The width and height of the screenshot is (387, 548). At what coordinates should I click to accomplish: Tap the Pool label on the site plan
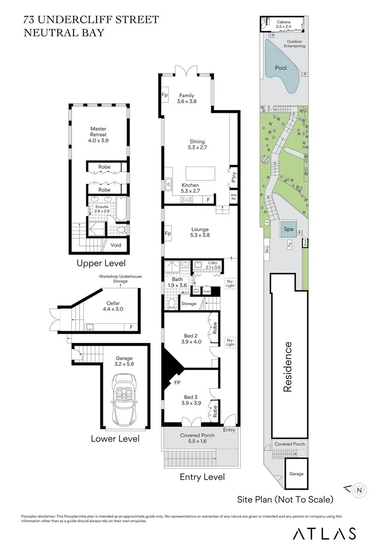[281, 67]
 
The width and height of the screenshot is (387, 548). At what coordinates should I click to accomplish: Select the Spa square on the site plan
[289, 229]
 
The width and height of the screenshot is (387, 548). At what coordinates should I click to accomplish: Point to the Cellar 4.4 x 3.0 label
[113, 306]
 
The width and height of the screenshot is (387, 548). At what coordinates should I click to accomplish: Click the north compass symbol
[359, 490]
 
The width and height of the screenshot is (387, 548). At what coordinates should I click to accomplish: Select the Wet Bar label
[234, 196]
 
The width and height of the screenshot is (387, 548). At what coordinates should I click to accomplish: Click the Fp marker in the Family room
[165, 95]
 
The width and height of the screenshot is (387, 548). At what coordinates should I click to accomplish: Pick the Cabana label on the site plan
[284, 22]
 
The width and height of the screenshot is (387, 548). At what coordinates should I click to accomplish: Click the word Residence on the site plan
[288, 367]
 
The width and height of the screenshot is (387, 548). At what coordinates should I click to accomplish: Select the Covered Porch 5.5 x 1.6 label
[198, 438]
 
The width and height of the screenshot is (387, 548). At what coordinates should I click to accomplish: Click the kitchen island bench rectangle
[200, 174]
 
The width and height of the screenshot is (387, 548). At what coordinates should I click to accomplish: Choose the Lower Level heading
[115, 438]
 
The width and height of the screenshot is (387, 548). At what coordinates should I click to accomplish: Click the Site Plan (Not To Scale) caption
[285, 499]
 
